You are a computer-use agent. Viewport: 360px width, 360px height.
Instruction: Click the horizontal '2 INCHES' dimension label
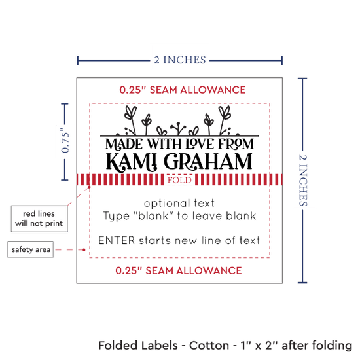coord(180,60)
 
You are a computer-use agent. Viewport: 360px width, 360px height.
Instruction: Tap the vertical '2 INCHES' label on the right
coord(303,180)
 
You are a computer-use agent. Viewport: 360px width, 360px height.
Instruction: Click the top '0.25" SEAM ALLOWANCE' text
coord(183,90)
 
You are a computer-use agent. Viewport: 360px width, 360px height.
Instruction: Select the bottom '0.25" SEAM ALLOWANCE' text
coord(179,270)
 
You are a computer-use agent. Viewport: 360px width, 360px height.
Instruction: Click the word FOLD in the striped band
coord(179,180)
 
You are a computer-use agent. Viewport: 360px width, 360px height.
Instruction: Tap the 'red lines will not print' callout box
coord(39,219)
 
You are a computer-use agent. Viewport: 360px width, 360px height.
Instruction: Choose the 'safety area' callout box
coord(31,249)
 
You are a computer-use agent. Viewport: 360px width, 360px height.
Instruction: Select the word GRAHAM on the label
coord(208,162)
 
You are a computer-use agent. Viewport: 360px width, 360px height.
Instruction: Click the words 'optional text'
coord(179,203)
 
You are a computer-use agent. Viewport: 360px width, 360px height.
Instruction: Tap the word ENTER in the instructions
coord(117,241)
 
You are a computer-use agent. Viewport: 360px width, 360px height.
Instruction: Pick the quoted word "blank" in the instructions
coord(153,215)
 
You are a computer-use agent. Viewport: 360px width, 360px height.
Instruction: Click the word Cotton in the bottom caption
coord(209,345)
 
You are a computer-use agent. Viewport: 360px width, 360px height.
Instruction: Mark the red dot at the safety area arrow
coord(84,249)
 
